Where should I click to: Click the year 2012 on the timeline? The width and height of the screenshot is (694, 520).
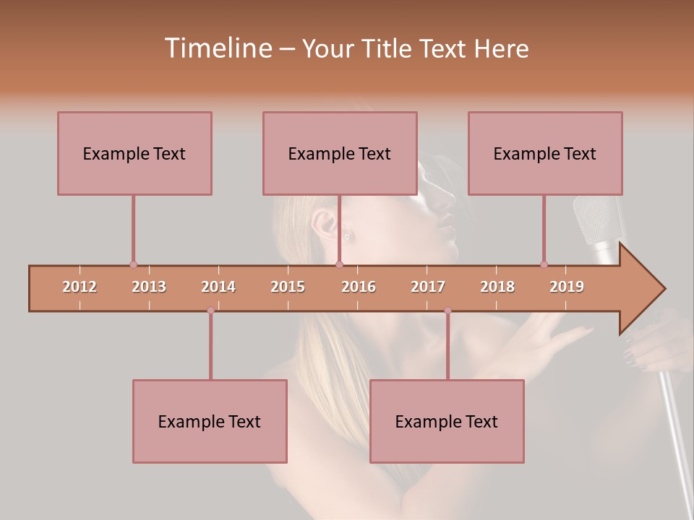coord(80,287)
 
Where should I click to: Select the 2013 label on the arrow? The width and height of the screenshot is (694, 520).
coord(149,287)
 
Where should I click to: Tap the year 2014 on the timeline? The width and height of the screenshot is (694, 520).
coord(218,287)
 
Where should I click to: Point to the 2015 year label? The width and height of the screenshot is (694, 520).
coord(288,287)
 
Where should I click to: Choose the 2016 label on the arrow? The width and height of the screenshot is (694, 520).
coord(359,287)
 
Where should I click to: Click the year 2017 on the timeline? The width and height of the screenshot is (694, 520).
coord(428,287)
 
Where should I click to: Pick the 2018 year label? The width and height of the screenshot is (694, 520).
coord(497,287)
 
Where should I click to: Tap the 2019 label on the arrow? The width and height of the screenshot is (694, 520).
coord(567,287)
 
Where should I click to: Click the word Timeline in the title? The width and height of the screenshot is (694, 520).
coord(217,48)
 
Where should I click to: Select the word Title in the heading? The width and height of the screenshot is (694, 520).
coord(387,48)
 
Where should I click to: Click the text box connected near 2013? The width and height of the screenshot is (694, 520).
coord(134,153)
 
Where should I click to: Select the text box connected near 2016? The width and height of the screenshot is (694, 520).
coord(340,153)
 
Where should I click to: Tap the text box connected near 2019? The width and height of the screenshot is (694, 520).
coord(545,153)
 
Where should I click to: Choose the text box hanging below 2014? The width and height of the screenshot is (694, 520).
coord(210,421)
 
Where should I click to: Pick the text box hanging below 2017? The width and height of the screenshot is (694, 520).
coord(447,421)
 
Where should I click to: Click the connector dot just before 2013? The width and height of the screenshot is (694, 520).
coord(133,264)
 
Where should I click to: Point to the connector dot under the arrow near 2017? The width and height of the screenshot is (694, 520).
coord(447,311)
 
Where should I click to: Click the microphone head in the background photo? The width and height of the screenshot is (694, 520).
coord(597,220)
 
